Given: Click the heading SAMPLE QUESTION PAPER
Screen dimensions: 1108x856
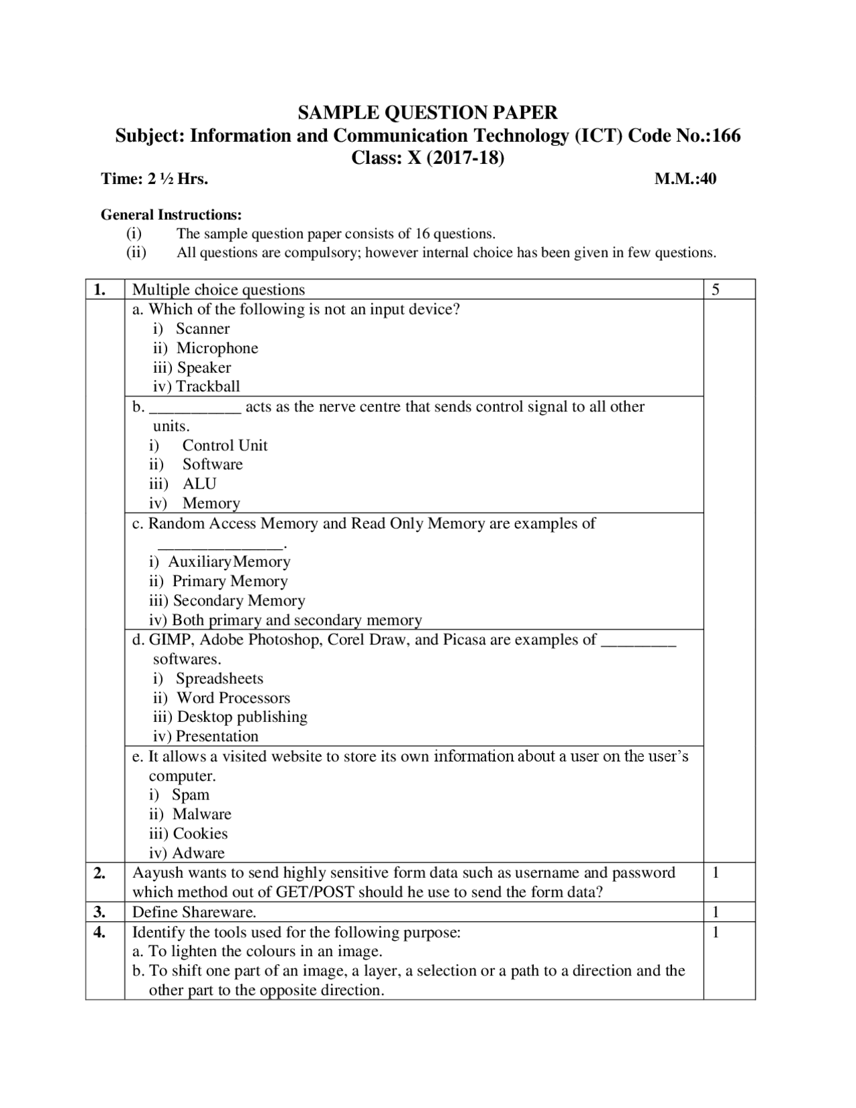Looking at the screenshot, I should click(427, 112).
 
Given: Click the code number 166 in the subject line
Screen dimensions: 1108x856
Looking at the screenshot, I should click(726, 136).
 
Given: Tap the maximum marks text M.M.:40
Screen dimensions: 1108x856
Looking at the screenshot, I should click(685, 179).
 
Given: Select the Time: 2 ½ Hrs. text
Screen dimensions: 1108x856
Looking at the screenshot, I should click(154, 179).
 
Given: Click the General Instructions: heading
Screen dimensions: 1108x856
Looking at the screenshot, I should click(171, 215).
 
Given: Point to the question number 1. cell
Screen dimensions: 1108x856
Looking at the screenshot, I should click(100, 290).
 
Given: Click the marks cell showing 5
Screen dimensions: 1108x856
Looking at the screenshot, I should click(716, 290).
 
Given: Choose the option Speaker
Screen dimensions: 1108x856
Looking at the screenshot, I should click(203, 367).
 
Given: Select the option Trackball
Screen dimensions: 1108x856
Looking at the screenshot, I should click(207, 386).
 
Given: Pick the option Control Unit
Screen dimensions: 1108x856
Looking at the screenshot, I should click(225, 446).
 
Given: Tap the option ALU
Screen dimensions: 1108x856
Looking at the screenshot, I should click(199, 484).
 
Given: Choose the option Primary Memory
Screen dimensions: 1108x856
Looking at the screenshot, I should click(229, 581).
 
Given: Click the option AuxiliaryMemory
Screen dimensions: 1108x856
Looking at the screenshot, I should click(229, 562).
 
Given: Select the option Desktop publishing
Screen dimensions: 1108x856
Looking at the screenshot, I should click(241, 717).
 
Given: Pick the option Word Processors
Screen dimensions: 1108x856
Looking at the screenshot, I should click(233, 698).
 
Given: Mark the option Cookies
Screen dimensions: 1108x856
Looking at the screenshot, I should click(200, 834).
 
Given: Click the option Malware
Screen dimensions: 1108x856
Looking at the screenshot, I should click(201, 814).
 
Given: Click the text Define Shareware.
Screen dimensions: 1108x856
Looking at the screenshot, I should click(194, 912).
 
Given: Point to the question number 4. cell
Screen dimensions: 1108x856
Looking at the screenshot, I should click(100, 932).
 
